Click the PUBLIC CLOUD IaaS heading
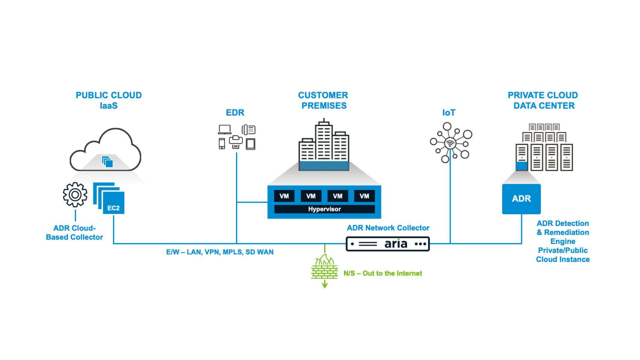coord(108,100)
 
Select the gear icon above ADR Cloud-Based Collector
coord(75,195)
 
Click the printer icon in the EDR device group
coord(235,142)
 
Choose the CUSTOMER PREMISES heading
coord(323,100)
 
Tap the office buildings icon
coord(323,145)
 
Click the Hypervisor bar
coord(324,209)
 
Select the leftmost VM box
coord(284,196)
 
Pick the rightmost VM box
coord(364,196)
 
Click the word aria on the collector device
coord(396,244)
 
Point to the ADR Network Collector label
coord(388,228)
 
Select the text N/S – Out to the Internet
coord(382,273)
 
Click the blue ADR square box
coord(520,198)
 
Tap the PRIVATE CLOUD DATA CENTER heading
coord(542,100)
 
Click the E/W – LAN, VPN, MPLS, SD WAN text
coord(220,252)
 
